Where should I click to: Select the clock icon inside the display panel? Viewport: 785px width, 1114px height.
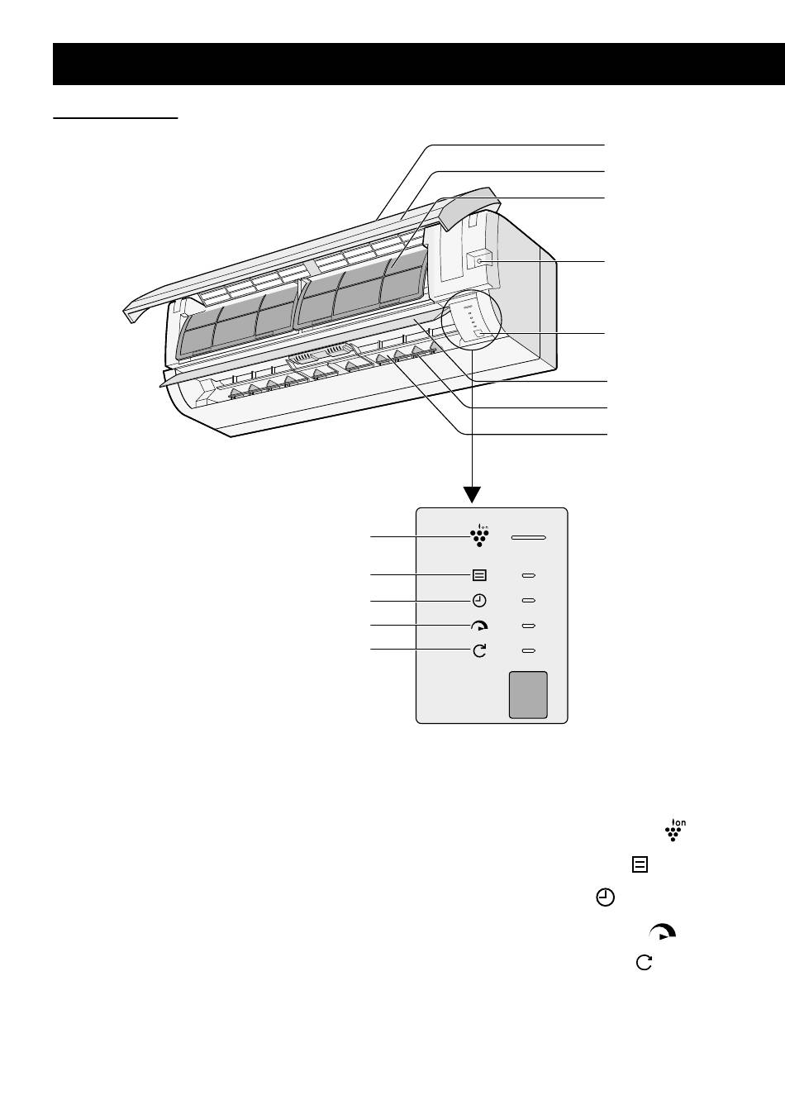click(x=480, y=601)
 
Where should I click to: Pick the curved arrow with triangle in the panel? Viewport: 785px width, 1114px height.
click(x=480, y=626)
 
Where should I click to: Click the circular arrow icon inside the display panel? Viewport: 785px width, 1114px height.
click(x=480, y=651)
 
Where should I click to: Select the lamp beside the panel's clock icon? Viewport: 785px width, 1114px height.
click(x=529, y=601)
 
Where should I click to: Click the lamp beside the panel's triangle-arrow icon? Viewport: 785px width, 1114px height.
click(x=529, y=626)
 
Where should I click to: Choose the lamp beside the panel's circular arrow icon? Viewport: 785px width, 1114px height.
click(x=529, y=651)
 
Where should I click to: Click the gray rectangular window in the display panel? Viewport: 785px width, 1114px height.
click(x=527, y=694)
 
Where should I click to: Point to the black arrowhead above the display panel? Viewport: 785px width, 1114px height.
click(x=472, y=494)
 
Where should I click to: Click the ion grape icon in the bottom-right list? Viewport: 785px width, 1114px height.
click(x=676, y=831)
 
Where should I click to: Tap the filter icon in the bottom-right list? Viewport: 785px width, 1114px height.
click(x=640, y=864)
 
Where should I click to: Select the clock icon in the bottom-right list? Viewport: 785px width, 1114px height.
click(x=606, y=898)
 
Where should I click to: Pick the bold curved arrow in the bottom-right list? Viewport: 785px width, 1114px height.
click(x=664, y=932)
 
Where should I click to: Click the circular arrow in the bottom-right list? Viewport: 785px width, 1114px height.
click(x=643, y=962)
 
